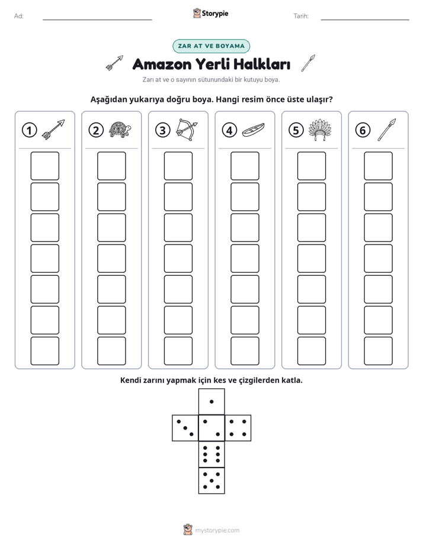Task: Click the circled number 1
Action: [x=29, y=130]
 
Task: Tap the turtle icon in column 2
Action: [x=120, y=130]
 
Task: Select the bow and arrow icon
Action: [x=187, y=130]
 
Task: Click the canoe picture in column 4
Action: [x=254, y=130]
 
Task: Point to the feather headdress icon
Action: [x=320, y=130]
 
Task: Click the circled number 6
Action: [x=363, y=130]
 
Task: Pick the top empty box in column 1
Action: [x=44, y=166]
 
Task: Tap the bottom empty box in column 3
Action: [x=178, y=351]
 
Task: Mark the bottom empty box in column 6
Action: [x=379, y=351]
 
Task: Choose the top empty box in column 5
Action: [x=312, y=166]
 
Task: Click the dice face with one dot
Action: [x=211, y=401]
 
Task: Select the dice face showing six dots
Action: [x=211, y=454]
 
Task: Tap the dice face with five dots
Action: [x=211, y=481]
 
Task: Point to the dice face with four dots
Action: [x=238, y=427]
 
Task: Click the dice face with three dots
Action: [x=185, y=427]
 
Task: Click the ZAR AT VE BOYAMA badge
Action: [x=211, y=46]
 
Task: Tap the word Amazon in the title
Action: [x=162, y=64]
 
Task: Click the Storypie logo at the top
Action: [x=210, y=13]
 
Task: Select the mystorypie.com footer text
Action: [x=217, y=530]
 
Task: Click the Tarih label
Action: [x=301, y=16]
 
